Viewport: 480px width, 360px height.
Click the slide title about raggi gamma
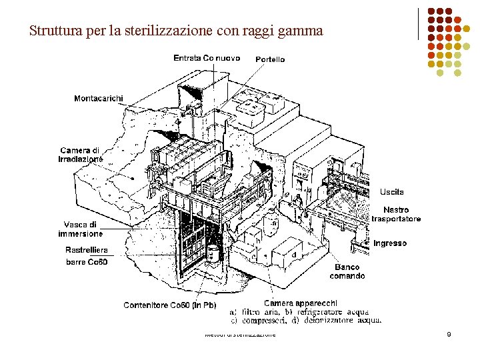(x=176, y=31)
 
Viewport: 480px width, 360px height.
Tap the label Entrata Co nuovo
(x=207, y=58)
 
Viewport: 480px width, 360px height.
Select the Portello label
(x=270, y=59)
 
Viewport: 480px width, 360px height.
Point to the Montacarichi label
(x=99, y=99)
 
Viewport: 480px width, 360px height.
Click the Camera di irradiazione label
(x=80, y=155)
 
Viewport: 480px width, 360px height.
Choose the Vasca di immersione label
(x=81, y=229)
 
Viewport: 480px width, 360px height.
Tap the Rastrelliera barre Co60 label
(x=87, y=256)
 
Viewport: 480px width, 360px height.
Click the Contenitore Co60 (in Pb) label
(x=170, y=305)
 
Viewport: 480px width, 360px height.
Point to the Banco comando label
(x=347, y=272)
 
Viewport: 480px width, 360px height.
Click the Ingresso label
(x=390, y=243)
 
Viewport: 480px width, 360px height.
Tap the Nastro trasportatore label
(x=396, y=215)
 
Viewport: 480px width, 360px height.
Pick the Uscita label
(x=392, y=192)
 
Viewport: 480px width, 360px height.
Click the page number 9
(x=449, y=333)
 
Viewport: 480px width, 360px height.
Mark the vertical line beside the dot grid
(x=418, y=23)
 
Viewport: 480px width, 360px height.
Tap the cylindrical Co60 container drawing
(x=213, y=253)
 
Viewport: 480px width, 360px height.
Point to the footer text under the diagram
(x=240, y=334)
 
